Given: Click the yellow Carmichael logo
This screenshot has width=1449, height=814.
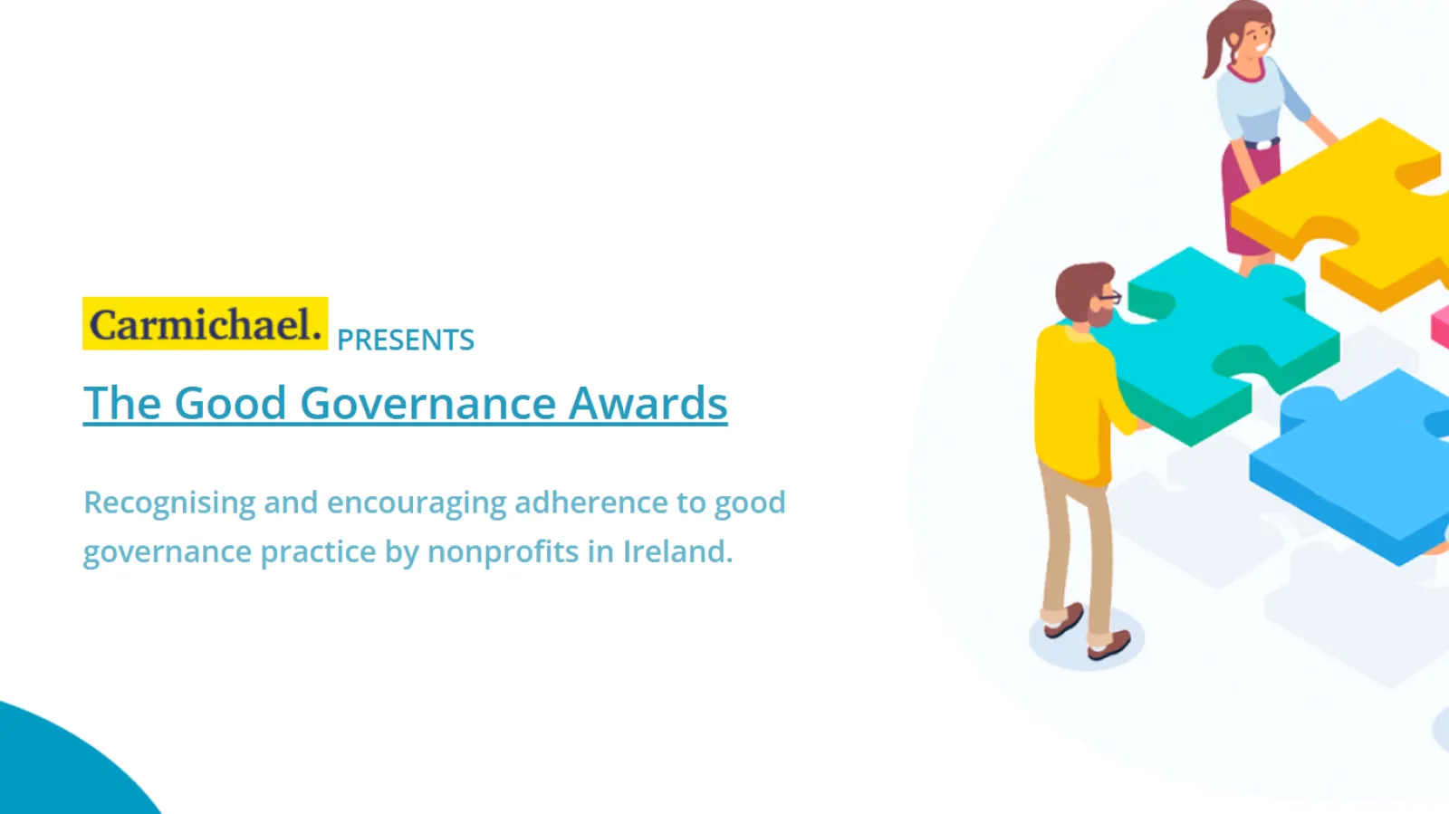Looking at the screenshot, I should (205, 324).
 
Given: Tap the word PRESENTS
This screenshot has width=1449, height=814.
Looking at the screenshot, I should (406, 340).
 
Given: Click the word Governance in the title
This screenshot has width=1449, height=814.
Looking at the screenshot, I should (427, 404).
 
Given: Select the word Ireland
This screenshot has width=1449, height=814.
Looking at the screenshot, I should (677, 551).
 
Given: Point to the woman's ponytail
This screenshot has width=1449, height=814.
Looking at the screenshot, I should (1214, 50).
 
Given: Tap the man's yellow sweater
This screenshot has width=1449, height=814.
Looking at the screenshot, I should (1073, 407).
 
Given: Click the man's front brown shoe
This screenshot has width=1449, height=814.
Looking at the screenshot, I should (1110, 645).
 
